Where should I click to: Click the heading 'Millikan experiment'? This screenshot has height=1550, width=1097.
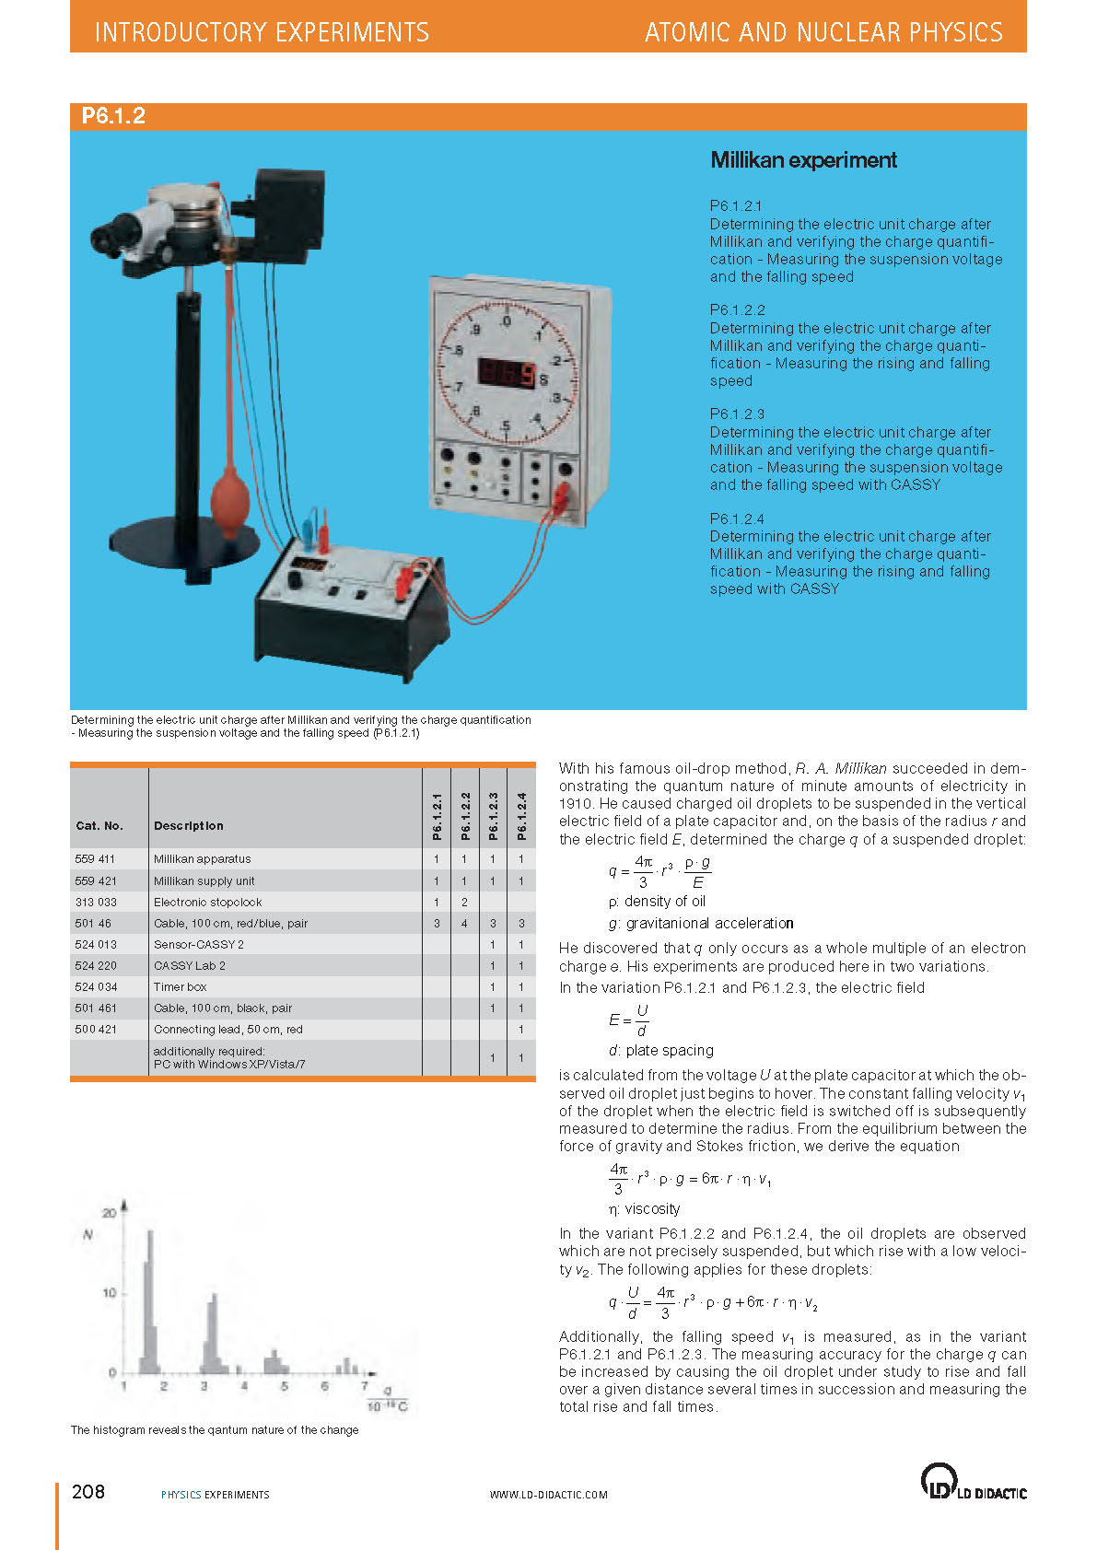[x=803, y=160]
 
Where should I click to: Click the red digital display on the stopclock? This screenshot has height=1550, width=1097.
[x=507, y=373]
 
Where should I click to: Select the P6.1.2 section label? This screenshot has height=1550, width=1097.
[x=113, y=116]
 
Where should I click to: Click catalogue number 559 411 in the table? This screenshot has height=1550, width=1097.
[x=95, y=859]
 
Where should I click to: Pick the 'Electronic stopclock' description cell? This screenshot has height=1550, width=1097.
[x=207, y=903]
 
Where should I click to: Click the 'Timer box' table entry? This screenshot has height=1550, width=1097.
[x=180, y=987]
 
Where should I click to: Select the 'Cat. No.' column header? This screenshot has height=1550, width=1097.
[x=99, y=826]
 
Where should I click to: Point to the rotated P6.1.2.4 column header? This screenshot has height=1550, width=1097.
[x=521, y=816]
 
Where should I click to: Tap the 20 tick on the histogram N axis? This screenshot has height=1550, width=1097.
[x=109, y=1213]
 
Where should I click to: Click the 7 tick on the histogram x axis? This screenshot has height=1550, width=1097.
[x=365, y=1386]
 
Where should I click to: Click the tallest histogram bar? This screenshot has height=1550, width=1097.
[x=149, y=1299]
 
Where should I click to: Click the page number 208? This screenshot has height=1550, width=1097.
[x=88, y=1492]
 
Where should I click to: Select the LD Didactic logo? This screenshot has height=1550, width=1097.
[x=973, y=1482]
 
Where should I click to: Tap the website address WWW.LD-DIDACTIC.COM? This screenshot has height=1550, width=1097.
[x=548, y=1495]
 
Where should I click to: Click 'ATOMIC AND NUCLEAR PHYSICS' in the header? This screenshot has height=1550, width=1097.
[x=823, y=32]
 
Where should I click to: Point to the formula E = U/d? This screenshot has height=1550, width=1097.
[x=628, y=1020]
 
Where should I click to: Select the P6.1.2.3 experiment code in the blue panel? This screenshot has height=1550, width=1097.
[x=737, y=414]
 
